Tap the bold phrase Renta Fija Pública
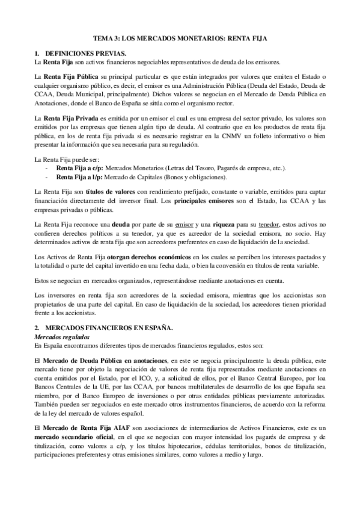66,78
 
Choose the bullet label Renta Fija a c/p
79,168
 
